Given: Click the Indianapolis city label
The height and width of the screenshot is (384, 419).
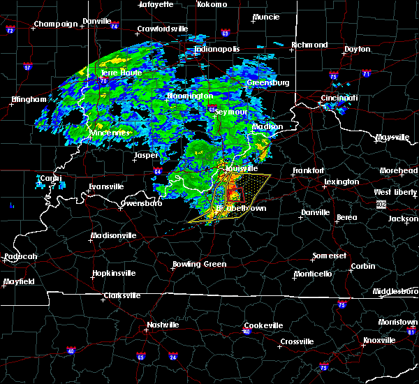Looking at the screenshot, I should coord(217,49).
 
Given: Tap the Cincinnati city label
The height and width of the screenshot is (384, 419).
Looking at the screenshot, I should coord(339,98).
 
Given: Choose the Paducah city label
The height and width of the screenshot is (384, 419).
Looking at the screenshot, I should coord(20,256).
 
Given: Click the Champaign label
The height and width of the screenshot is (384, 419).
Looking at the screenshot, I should coord(57,24).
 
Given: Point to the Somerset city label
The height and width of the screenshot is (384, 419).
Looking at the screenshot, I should coord(330,256).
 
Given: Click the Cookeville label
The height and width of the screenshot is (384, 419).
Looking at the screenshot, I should coord(263,325).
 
